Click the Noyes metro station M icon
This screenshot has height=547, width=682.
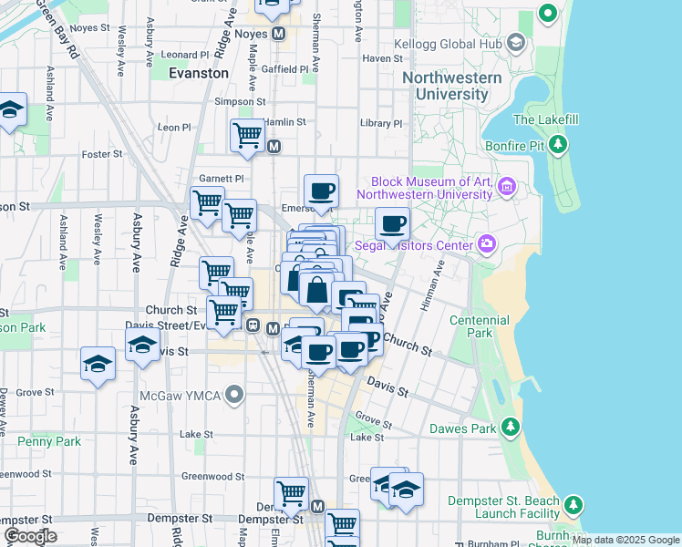click(279, 34)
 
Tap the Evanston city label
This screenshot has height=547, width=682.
click(199, 73)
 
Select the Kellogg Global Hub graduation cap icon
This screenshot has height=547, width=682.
click(516, 43)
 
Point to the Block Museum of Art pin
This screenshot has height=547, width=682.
click(508, 189)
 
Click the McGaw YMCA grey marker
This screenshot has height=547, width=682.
click(235, 396)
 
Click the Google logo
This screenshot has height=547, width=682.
click(31, 535)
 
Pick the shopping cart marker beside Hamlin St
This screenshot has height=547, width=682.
click(247, 135)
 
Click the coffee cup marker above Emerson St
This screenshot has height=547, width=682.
click(321, 191)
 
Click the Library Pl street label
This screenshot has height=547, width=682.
click(380, 123)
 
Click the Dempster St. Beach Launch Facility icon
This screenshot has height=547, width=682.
click(573, 504)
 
